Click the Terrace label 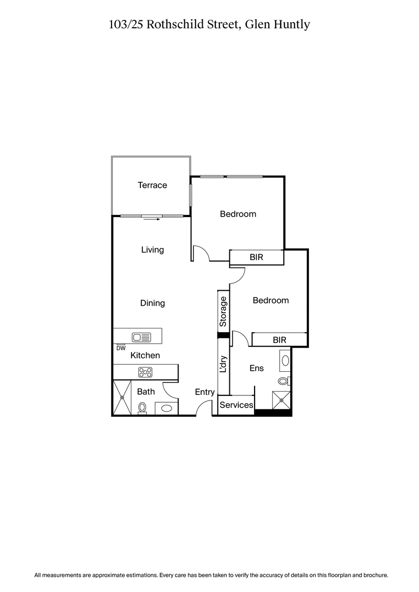pos(152,185)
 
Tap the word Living pos(152,250)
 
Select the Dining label pos(152,303)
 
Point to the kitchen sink pos(141,337)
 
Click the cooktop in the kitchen pos(145,372)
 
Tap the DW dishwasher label pos(121,348)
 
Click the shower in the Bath pos(122,397)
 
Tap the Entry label pos(205,392)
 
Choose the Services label pos(236,405)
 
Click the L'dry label pos(224,365)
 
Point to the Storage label pos(224,312)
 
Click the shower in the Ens pos(281,400)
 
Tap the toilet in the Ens pos(284,381)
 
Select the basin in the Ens pos(285,360)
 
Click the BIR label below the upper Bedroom pos(256,258)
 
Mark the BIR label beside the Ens pos(280,340)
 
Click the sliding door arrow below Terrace pos(151,220)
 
